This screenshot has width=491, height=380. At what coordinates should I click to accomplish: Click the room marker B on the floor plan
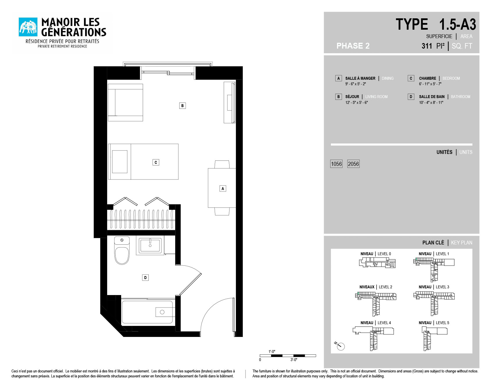click(x=182, y=106)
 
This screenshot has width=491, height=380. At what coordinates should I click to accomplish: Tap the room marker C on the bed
click(x=156, y=162)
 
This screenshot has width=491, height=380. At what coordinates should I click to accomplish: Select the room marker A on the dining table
click(x=223, y=189)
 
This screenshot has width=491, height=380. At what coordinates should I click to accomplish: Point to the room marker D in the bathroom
click(x=146, y=278)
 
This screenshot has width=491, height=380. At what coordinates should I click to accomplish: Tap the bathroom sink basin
click(x=150, y=245)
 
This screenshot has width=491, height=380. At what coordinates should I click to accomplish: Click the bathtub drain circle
click(x=162, y=312)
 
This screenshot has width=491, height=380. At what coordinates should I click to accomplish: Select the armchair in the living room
click(x=126, y=102)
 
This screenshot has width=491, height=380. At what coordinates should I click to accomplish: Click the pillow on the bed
click(x=120, y=161)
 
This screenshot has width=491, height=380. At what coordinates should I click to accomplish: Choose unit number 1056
click(x=336, y=164)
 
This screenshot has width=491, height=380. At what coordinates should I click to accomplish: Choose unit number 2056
click(x=354, y=164)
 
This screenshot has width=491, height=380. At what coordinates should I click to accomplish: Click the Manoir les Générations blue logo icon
click(x=28, y=27)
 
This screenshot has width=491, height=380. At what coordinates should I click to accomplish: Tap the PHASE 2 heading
click(x=353, y=46)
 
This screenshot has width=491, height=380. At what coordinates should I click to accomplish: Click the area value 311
click(x=427, y=46)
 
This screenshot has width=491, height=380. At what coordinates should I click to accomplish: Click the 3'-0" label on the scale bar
click(x=294, y=360)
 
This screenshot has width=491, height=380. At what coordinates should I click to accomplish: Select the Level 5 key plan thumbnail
click(x=434, y=338)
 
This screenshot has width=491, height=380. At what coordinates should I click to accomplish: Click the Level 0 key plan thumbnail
click(x=377, y=262)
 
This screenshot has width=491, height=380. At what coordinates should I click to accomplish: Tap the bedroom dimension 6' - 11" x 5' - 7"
click(x=430, y=84)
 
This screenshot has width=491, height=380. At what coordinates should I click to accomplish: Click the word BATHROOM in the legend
click(x=460, y=97)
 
